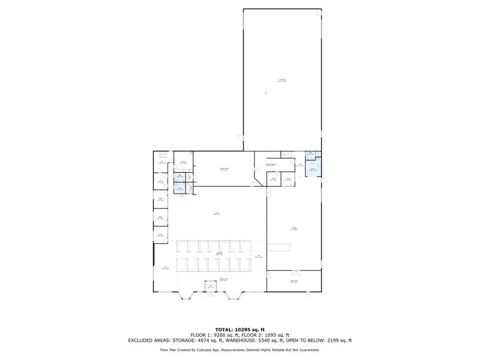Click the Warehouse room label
point(282,81)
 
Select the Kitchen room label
point(182,162)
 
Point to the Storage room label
point(294,228)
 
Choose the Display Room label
point(294,282)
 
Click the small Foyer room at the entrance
point(211,286)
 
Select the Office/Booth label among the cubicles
point(219,254)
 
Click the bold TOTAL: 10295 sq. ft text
point(239,330)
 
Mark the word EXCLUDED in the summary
point(140,340)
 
